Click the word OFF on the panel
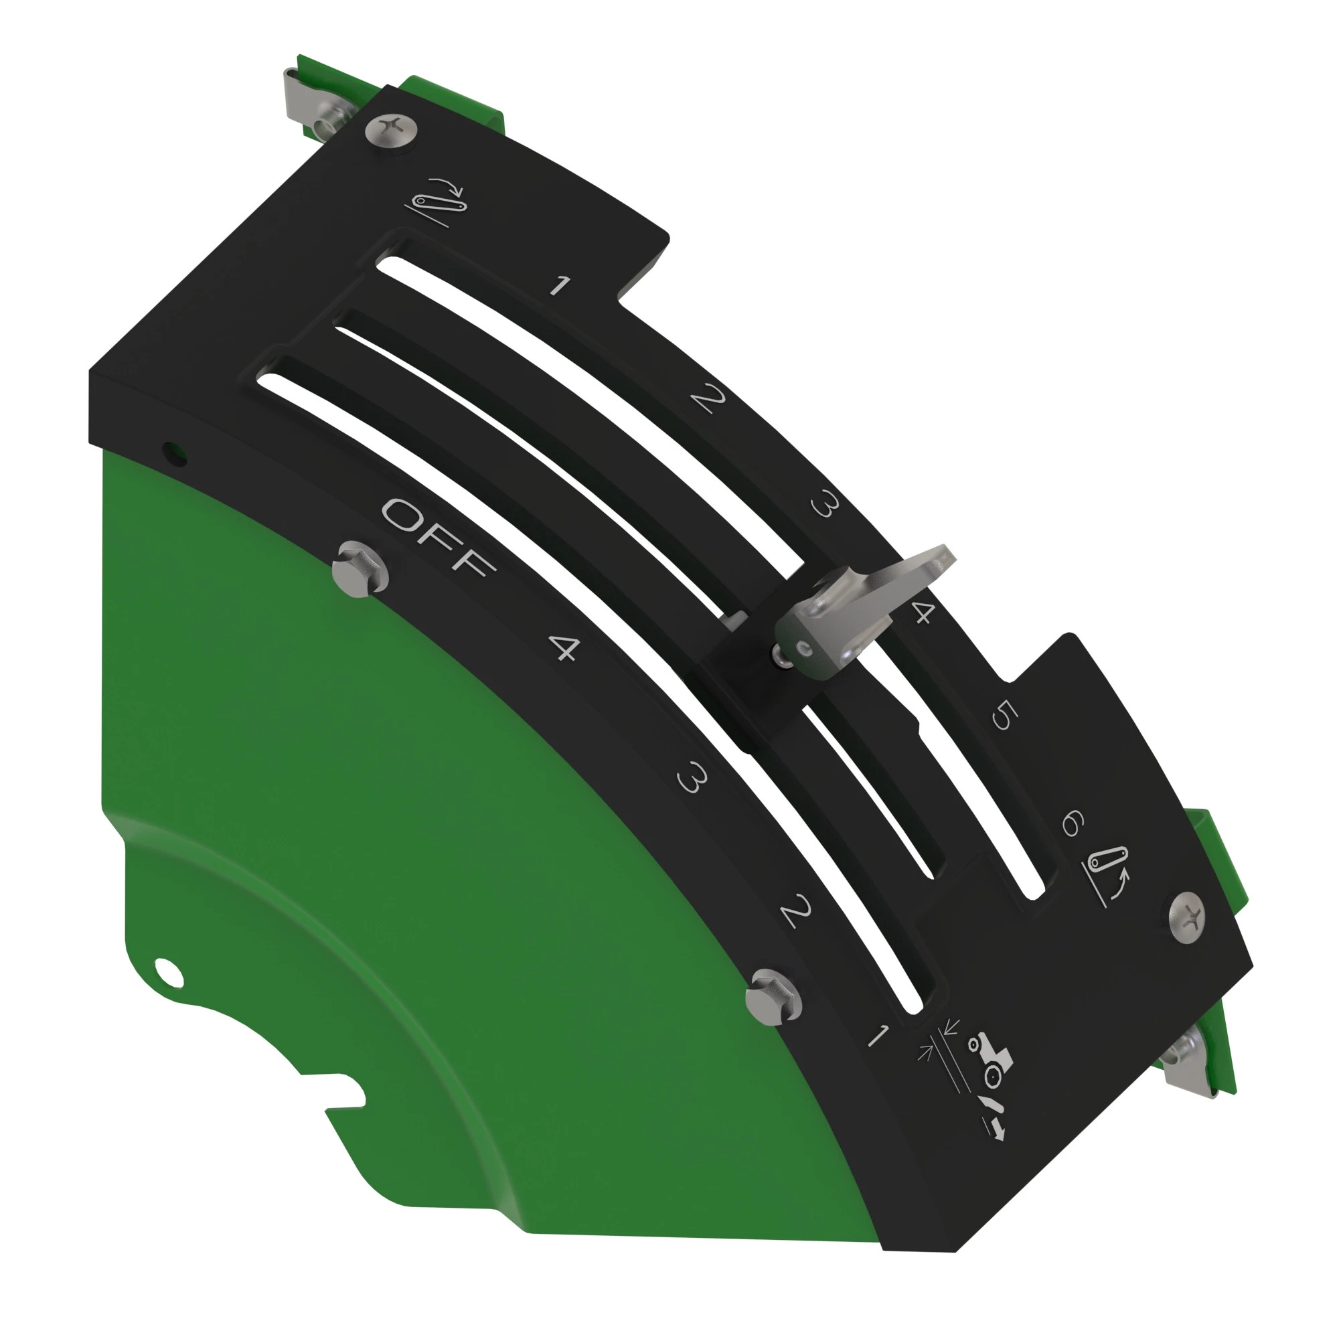point(438,537)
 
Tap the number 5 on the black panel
point(1004,715)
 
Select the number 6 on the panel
point(1071,823)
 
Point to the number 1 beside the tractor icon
point(878,1036)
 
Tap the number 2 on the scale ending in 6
point(708,398)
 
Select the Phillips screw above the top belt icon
point(392,129)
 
